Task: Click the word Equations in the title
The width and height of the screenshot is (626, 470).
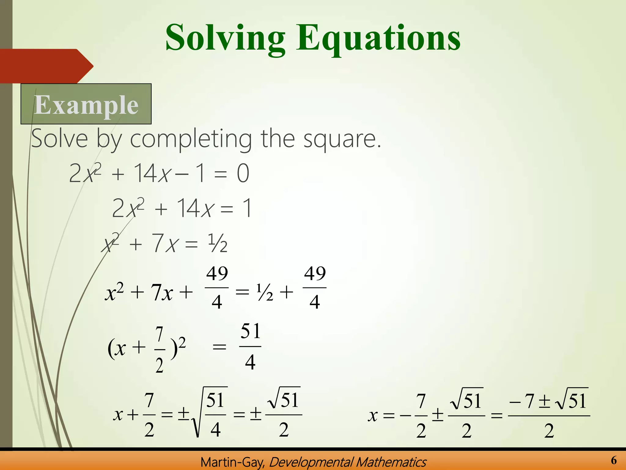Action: pyautogui.click(x=378, y=38)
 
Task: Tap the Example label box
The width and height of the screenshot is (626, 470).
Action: pyautogui.click(x=86, y=104)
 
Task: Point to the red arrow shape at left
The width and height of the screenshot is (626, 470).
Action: pyautogui.click(x=46, y=66)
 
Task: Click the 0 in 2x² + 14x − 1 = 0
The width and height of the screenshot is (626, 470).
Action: pyautogui.click(x=243, y=173)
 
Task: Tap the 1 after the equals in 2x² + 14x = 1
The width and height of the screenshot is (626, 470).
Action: pyautogui.click(x=247, y=208)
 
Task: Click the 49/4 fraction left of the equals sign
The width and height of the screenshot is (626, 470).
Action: pyautogui.click(x=217, y=288)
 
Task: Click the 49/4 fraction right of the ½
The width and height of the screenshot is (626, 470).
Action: pyautogui.click(x=315, y=288)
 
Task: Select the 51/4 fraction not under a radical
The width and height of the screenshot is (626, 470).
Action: pyautogui.click(x=250, y=346)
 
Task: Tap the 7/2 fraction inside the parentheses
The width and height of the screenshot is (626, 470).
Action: pyautogui.click(x=159, y=350)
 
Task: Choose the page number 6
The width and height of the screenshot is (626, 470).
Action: pyautogui.click(x=614, y=460)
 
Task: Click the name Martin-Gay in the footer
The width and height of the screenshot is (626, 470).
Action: pyautogui.click(x=233, y=462)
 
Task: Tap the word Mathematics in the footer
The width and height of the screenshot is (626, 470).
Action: pyautogui.click(x=391, y=462)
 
